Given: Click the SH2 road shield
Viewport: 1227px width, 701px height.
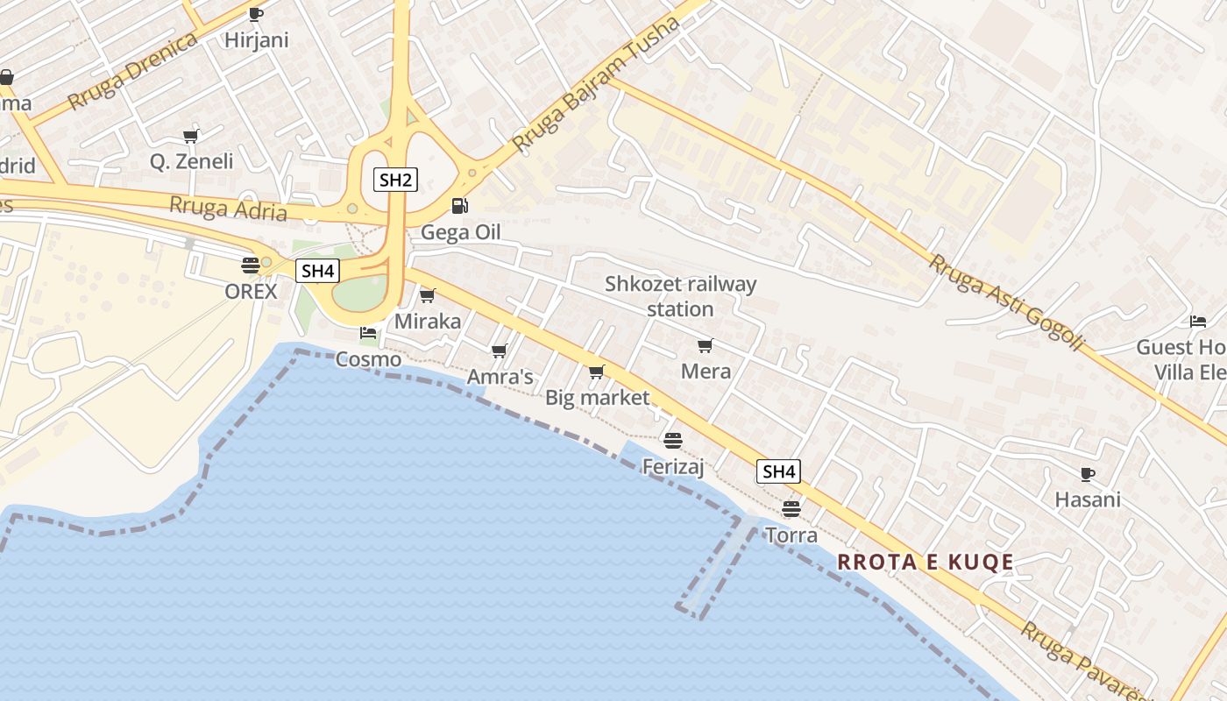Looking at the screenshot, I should pos(395,181).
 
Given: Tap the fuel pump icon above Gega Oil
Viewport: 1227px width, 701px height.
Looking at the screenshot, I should pos(459,206).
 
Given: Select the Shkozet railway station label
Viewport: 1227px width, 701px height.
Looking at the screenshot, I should pos(680,296).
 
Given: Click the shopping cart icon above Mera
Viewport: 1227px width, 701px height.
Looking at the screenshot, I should pos(706,345).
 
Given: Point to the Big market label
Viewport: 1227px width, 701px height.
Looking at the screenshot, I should pos(598,398).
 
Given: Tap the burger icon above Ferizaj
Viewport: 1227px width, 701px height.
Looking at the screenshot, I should pos(673,440).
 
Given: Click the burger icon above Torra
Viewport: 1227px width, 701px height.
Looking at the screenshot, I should pos(791,508).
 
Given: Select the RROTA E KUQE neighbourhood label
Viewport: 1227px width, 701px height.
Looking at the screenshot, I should pos(926,563).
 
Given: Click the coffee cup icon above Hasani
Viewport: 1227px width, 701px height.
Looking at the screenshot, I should pos(1088,474).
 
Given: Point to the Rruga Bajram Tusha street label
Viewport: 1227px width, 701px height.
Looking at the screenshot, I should pos(596,83).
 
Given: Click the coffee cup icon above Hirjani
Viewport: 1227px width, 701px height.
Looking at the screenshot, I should pos(256,14).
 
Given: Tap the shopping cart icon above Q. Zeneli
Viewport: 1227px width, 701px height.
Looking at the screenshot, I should pos(191,136).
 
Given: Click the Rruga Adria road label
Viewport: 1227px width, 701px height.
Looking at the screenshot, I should pos(228,209).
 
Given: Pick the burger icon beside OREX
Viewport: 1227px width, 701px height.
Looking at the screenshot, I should pos(251,265).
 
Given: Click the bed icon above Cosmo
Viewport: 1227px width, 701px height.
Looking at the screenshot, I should pos(368,333).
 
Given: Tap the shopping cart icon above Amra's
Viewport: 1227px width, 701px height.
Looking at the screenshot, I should pos(500,351).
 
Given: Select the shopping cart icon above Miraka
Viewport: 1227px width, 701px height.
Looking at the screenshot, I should pos(428,295).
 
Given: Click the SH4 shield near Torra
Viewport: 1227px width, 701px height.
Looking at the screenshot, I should pos(778,471).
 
